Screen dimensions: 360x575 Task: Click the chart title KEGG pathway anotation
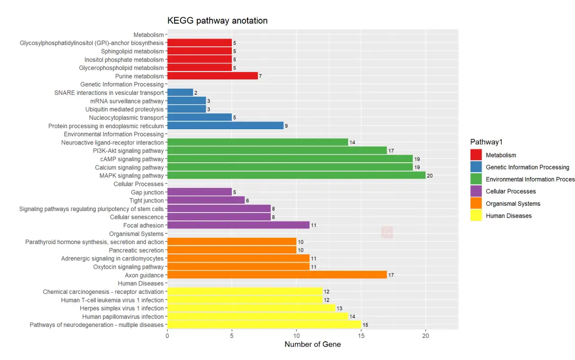point(217,21)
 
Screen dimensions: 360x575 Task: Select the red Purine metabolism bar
point(213,76)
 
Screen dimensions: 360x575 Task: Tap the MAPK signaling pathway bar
point(296,176)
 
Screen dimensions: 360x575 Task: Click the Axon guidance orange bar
point(277,275)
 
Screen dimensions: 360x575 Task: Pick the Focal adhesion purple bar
point(238,225)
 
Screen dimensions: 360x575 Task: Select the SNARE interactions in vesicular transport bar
point(180,93)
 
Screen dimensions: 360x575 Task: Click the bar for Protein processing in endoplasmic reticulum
point(225,126)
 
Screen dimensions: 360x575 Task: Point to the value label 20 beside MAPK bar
point(430,176)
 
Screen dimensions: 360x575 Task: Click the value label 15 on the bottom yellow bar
point(365,325)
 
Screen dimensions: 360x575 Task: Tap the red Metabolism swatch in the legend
point(476,155)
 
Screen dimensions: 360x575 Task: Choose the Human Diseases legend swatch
point(476,216)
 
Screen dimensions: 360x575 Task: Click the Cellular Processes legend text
point(510,191)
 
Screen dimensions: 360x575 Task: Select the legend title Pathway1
point(486,142)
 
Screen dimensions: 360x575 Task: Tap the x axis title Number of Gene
point(313,345)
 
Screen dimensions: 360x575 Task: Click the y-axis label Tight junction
point(147,201)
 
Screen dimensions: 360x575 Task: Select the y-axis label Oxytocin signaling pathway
point(128,267)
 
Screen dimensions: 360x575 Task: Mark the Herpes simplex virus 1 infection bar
point(251,308)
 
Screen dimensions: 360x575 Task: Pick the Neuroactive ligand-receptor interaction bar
point(257,143)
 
